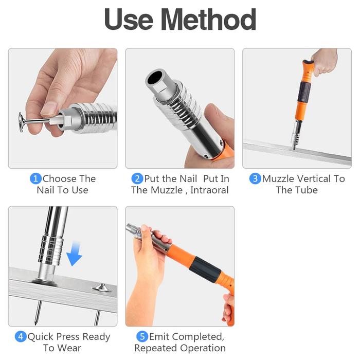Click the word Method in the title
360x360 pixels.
208,20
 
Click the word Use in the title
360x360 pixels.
129,20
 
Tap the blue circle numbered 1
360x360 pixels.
36,178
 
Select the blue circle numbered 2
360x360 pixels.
137,178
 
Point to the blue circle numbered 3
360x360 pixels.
255,178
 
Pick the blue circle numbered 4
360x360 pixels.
21,336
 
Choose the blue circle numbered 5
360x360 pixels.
142,336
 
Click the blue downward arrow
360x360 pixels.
74,254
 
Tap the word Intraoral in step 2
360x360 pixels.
209,190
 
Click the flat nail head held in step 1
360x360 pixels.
22,123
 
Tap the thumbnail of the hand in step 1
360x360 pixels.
49,109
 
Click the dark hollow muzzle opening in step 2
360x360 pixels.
154,77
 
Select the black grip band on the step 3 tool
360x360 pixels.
304,92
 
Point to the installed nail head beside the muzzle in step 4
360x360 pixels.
102,287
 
